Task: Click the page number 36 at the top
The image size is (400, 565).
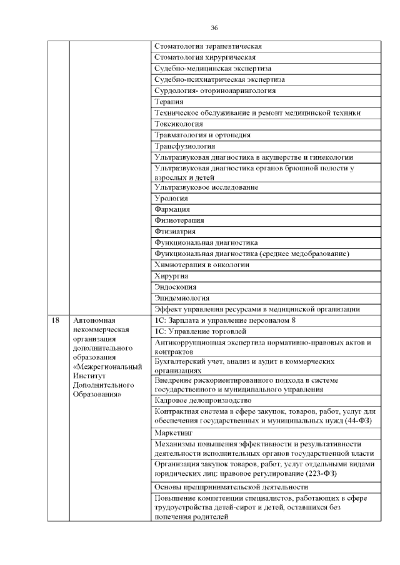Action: [214, 28]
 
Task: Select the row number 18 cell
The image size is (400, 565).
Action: [56, 320]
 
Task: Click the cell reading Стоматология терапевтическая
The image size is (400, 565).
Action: [207, 46]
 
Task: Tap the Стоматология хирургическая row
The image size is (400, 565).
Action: [205, 57]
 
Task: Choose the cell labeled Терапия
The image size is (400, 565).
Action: [169, 102]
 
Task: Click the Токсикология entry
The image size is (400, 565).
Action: [178, 124]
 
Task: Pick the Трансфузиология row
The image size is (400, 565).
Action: [184, 146]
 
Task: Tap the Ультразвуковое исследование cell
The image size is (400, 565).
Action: [206, 187]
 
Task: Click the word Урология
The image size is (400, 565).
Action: [171, 199]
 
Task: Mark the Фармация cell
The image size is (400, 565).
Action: [172, 209]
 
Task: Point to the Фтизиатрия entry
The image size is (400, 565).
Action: [174, 232]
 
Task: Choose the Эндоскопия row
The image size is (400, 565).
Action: [175, 287]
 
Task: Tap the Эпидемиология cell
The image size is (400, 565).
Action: [181, 298]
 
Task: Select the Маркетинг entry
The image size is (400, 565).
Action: [173, 432]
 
